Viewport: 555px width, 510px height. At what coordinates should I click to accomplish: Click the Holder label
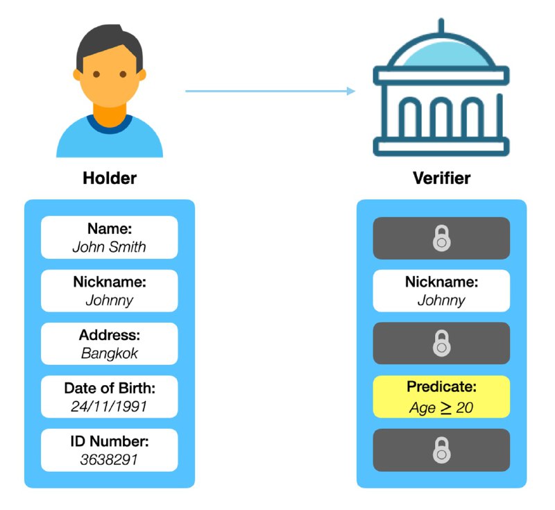[x=110, y=178]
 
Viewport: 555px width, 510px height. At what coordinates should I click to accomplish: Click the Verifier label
[x=441, y=178]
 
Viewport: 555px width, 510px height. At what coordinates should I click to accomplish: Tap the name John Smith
[x=110, y=246]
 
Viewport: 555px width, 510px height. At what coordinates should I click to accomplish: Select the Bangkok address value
[x=110, y=352]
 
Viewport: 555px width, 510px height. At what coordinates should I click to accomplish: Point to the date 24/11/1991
[x=110, y=406]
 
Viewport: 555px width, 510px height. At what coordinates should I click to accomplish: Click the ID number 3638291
[x=110, y=459]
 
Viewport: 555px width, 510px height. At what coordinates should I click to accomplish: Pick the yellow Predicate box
[x=441, y=397]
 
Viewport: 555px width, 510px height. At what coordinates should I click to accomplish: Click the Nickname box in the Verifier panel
[x=441, y=291]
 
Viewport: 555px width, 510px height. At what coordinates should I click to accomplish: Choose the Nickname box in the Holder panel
[x=110, y=291]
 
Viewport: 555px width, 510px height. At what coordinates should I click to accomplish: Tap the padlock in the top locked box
[x=441, y=239]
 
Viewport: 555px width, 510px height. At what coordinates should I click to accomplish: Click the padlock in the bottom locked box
[x=441, y=450]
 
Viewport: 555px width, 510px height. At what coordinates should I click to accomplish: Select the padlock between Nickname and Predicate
[x=441, y=343]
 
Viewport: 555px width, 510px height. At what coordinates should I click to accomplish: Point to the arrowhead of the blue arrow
[x=351, y=91]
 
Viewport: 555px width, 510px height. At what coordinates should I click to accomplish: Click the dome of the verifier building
[x=441, y=53]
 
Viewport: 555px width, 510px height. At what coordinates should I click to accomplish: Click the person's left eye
[x=96, y=74]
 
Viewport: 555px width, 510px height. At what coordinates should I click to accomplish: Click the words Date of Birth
[x=110, y=388]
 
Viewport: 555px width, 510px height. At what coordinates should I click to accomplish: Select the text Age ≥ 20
[x=441, y=407]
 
